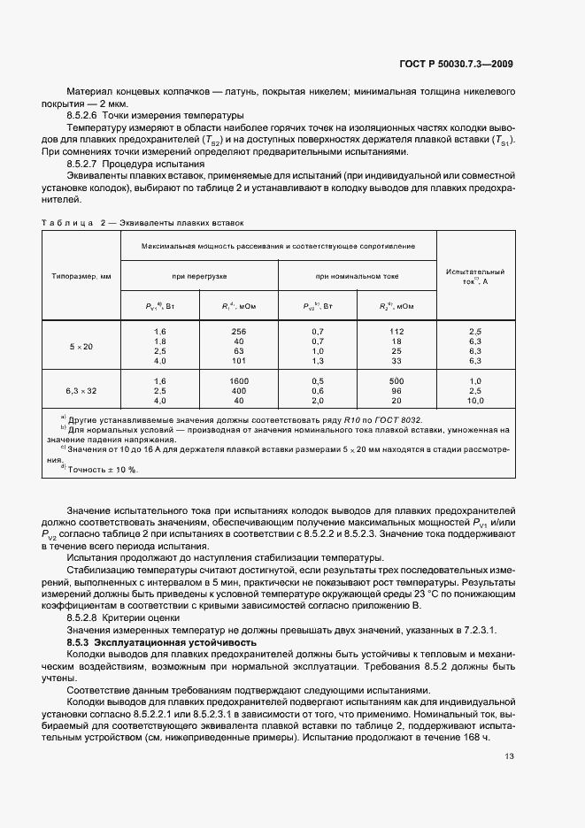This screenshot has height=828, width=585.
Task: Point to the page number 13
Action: (509, 755)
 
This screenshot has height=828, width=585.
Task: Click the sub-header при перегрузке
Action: (200, 276)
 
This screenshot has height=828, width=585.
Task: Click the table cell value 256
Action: (239, 330)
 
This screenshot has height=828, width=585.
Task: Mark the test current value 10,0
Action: (475, 400)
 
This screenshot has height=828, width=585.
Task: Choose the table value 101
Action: (239, 361)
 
